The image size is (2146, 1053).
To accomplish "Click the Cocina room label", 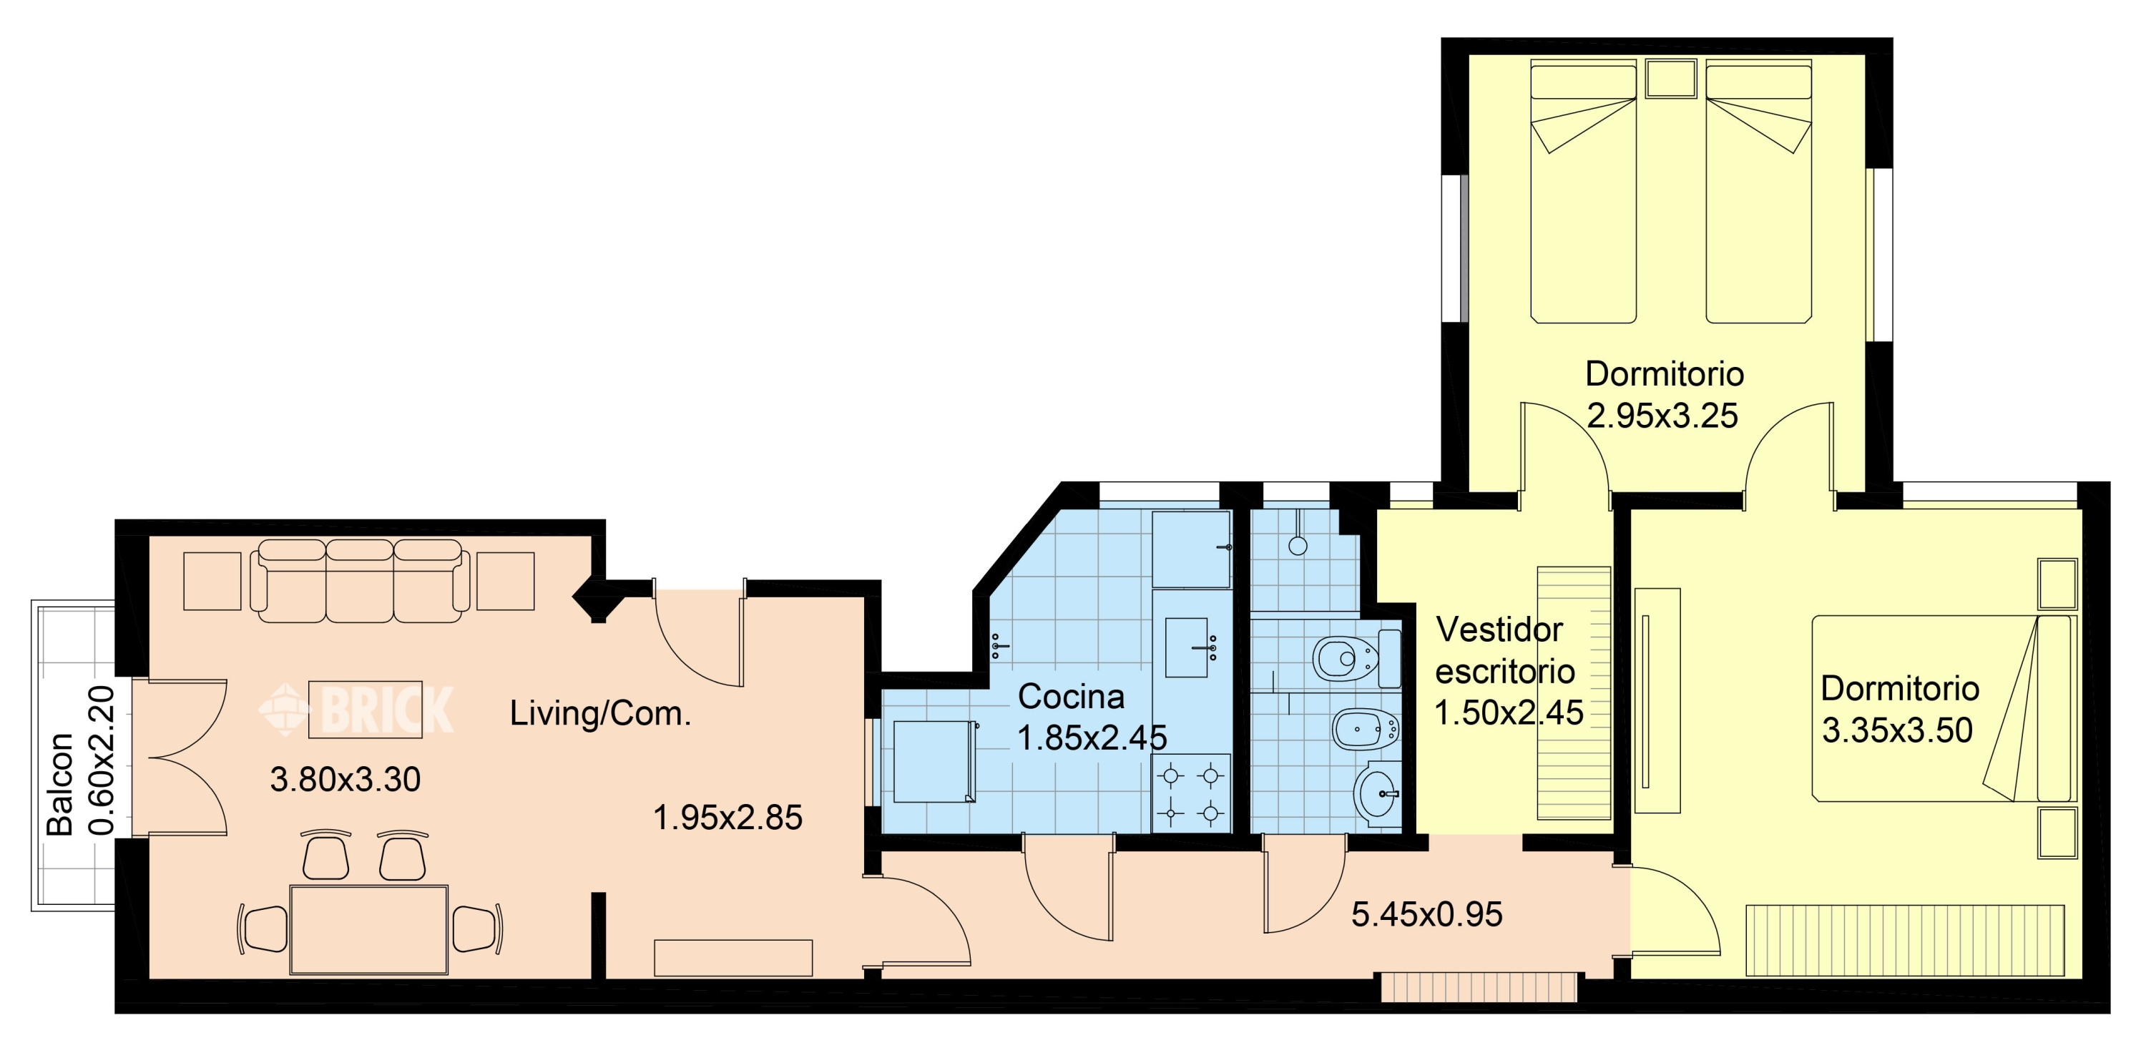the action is pyautogui.click(x=1072, y=697).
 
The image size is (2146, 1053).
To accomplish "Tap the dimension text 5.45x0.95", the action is pyautogui.click(x=1427, y=915).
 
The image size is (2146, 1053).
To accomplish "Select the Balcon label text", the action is pyautogui.click(x=60, y=785).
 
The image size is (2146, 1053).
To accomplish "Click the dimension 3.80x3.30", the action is pyautogui.click(x=346, y=780).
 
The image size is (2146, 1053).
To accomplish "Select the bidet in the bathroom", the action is pyautogui.click(x=1366, y=730).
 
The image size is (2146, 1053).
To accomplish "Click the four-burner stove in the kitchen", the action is pyautogui.click(x=1191, y=793).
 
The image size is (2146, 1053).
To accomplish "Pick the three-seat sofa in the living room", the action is pyautogui.click(x=360, y=581).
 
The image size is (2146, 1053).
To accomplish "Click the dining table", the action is pyautogui.click(x=369, y=930).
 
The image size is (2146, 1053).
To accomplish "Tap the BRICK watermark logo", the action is pyautogui.click(x=356, y=710).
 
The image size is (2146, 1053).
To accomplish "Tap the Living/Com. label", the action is pyautogui.click(x=601, y=714).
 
